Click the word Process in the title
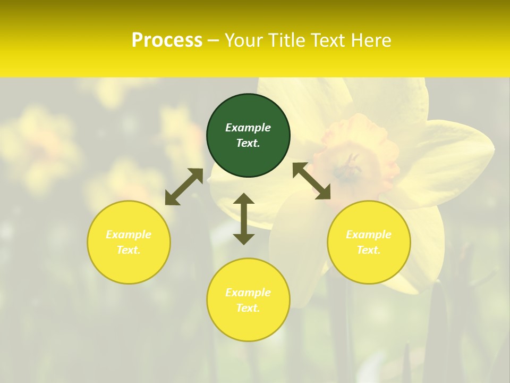pos(167,40)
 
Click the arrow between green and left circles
pos(184,187)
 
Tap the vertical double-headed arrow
pos(244,219)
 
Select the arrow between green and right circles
pos(312,181)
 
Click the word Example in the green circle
pos(248,128)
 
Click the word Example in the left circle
pos(129,235)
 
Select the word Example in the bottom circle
pos(248,293)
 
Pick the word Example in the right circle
pos(369,235)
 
